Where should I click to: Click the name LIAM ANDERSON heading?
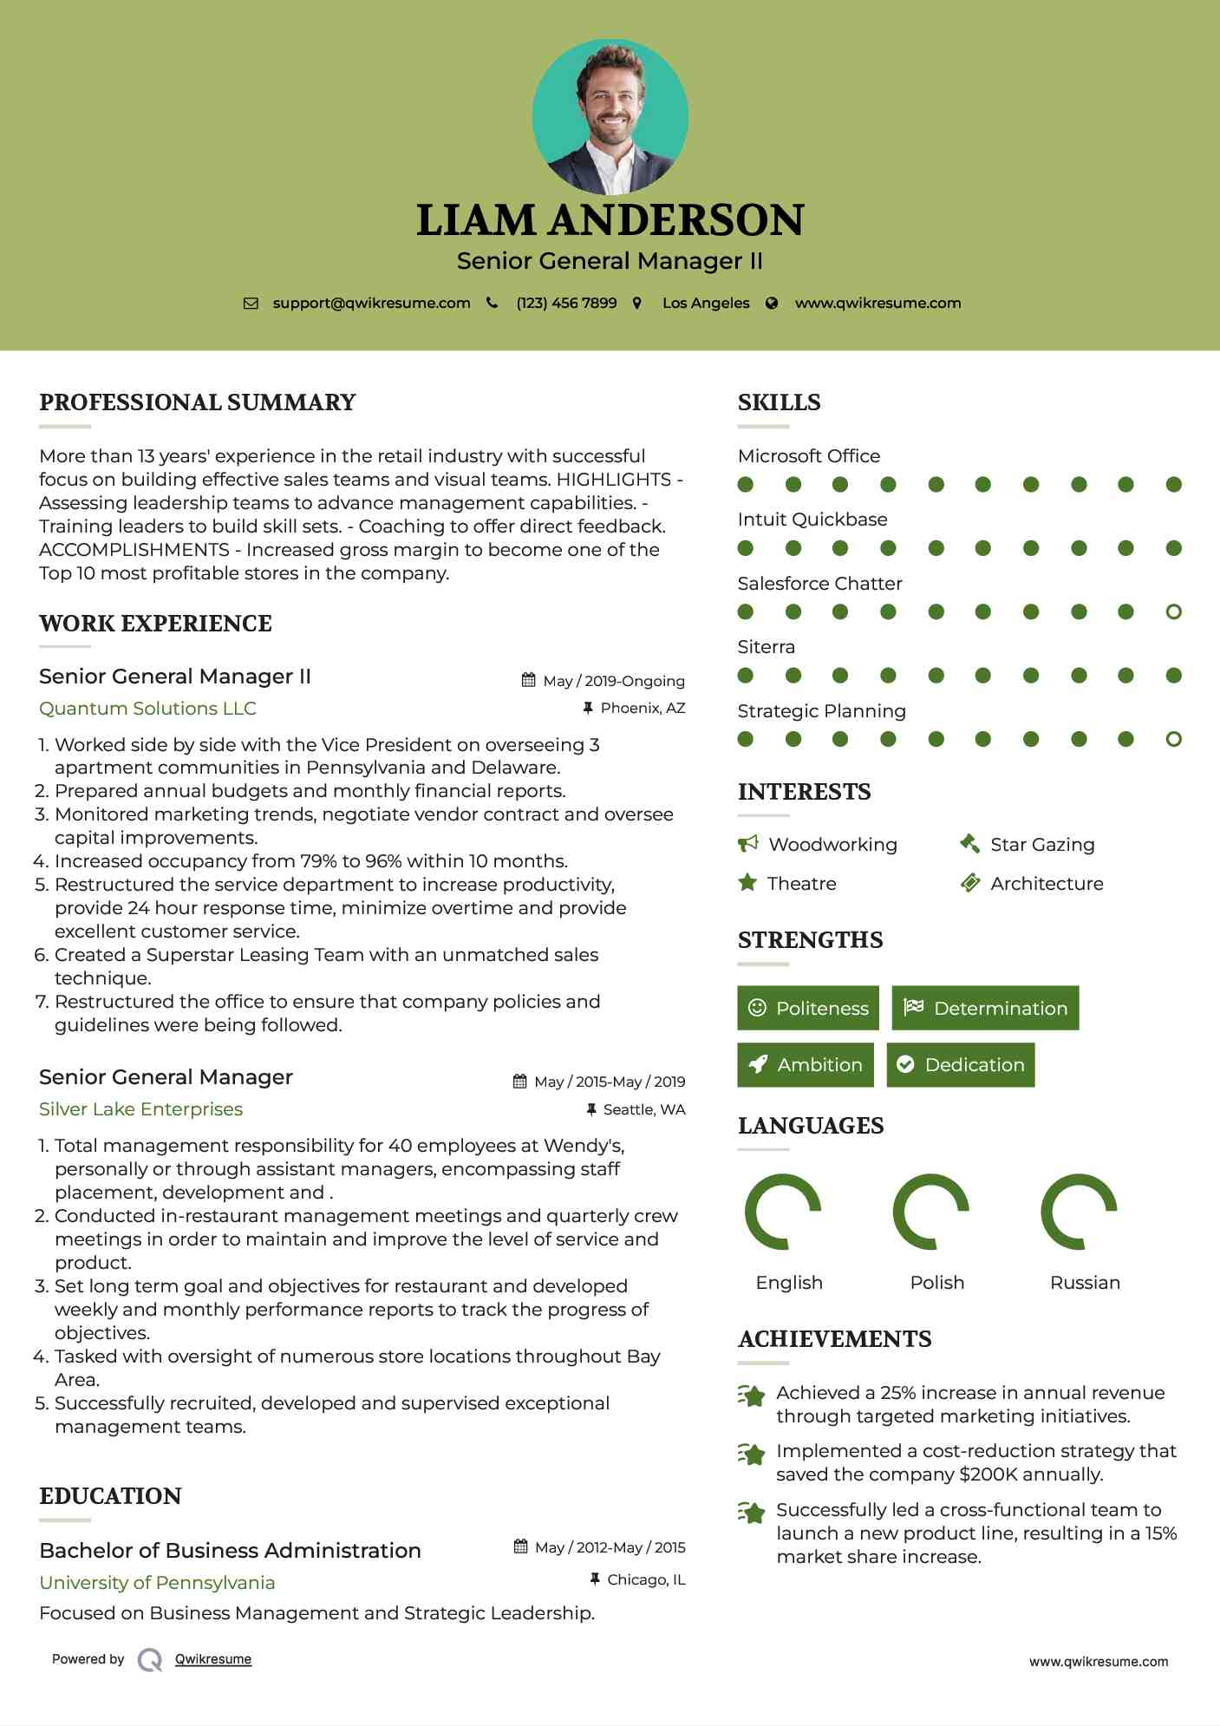(610, 220)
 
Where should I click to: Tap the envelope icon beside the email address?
(251, 304)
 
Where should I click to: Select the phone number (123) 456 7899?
(566, 304)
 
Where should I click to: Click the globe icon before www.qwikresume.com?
(772, 304)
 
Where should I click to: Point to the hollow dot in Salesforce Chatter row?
(1173, 612)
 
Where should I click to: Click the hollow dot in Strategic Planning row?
(1173, 739)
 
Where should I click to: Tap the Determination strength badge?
(985, 1008)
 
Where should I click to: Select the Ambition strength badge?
(805, 1065)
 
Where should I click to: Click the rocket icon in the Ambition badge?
(758, 1065)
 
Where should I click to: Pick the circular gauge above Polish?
(931, 1212)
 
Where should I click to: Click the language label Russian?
(1085, 1283)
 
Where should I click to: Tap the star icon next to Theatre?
(747, 883)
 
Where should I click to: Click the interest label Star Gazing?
(1042, 845)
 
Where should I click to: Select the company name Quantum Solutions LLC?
(147, 709)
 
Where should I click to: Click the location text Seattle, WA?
(643, 1109)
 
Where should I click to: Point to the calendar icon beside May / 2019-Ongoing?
(528, 681)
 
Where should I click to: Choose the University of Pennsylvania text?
(157, 1583)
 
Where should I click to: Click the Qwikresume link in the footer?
(213, 1659)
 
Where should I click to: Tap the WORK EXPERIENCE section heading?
(155, 624)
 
